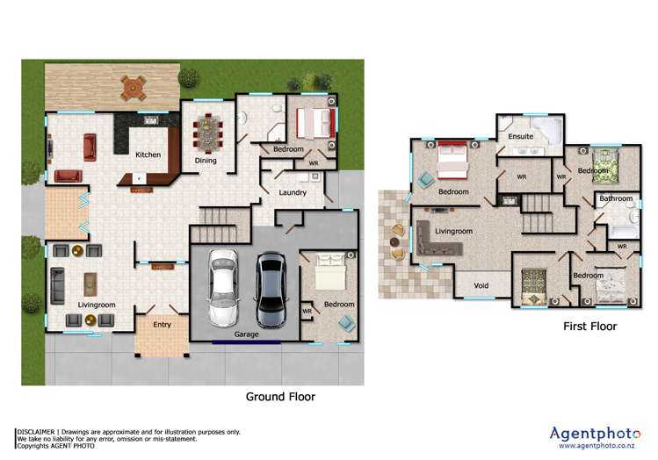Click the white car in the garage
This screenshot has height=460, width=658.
[x=222, y=287]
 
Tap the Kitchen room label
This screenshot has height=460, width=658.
[x=148, y=155]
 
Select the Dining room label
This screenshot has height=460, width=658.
[x=206, y=161]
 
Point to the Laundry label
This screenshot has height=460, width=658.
[x=292, y=192]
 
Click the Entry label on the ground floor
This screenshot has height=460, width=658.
[x=162, y=325]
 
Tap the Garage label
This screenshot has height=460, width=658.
[x=246, y=334]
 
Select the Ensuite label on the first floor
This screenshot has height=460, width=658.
[x=520, y=136]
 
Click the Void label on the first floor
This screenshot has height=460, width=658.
[x=481, y=285]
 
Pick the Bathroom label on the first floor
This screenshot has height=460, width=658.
[x=616, y=199]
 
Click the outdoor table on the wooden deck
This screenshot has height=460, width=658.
[x=133, y=86]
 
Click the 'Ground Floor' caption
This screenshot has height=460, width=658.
[x=280, y=397]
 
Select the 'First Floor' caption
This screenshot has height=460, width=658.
[x=589, y=327]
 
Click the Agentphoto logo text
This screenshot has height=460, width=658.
[x=596, y=432]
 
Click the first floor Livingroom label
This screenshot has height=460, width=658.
[x=453, y=232]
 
